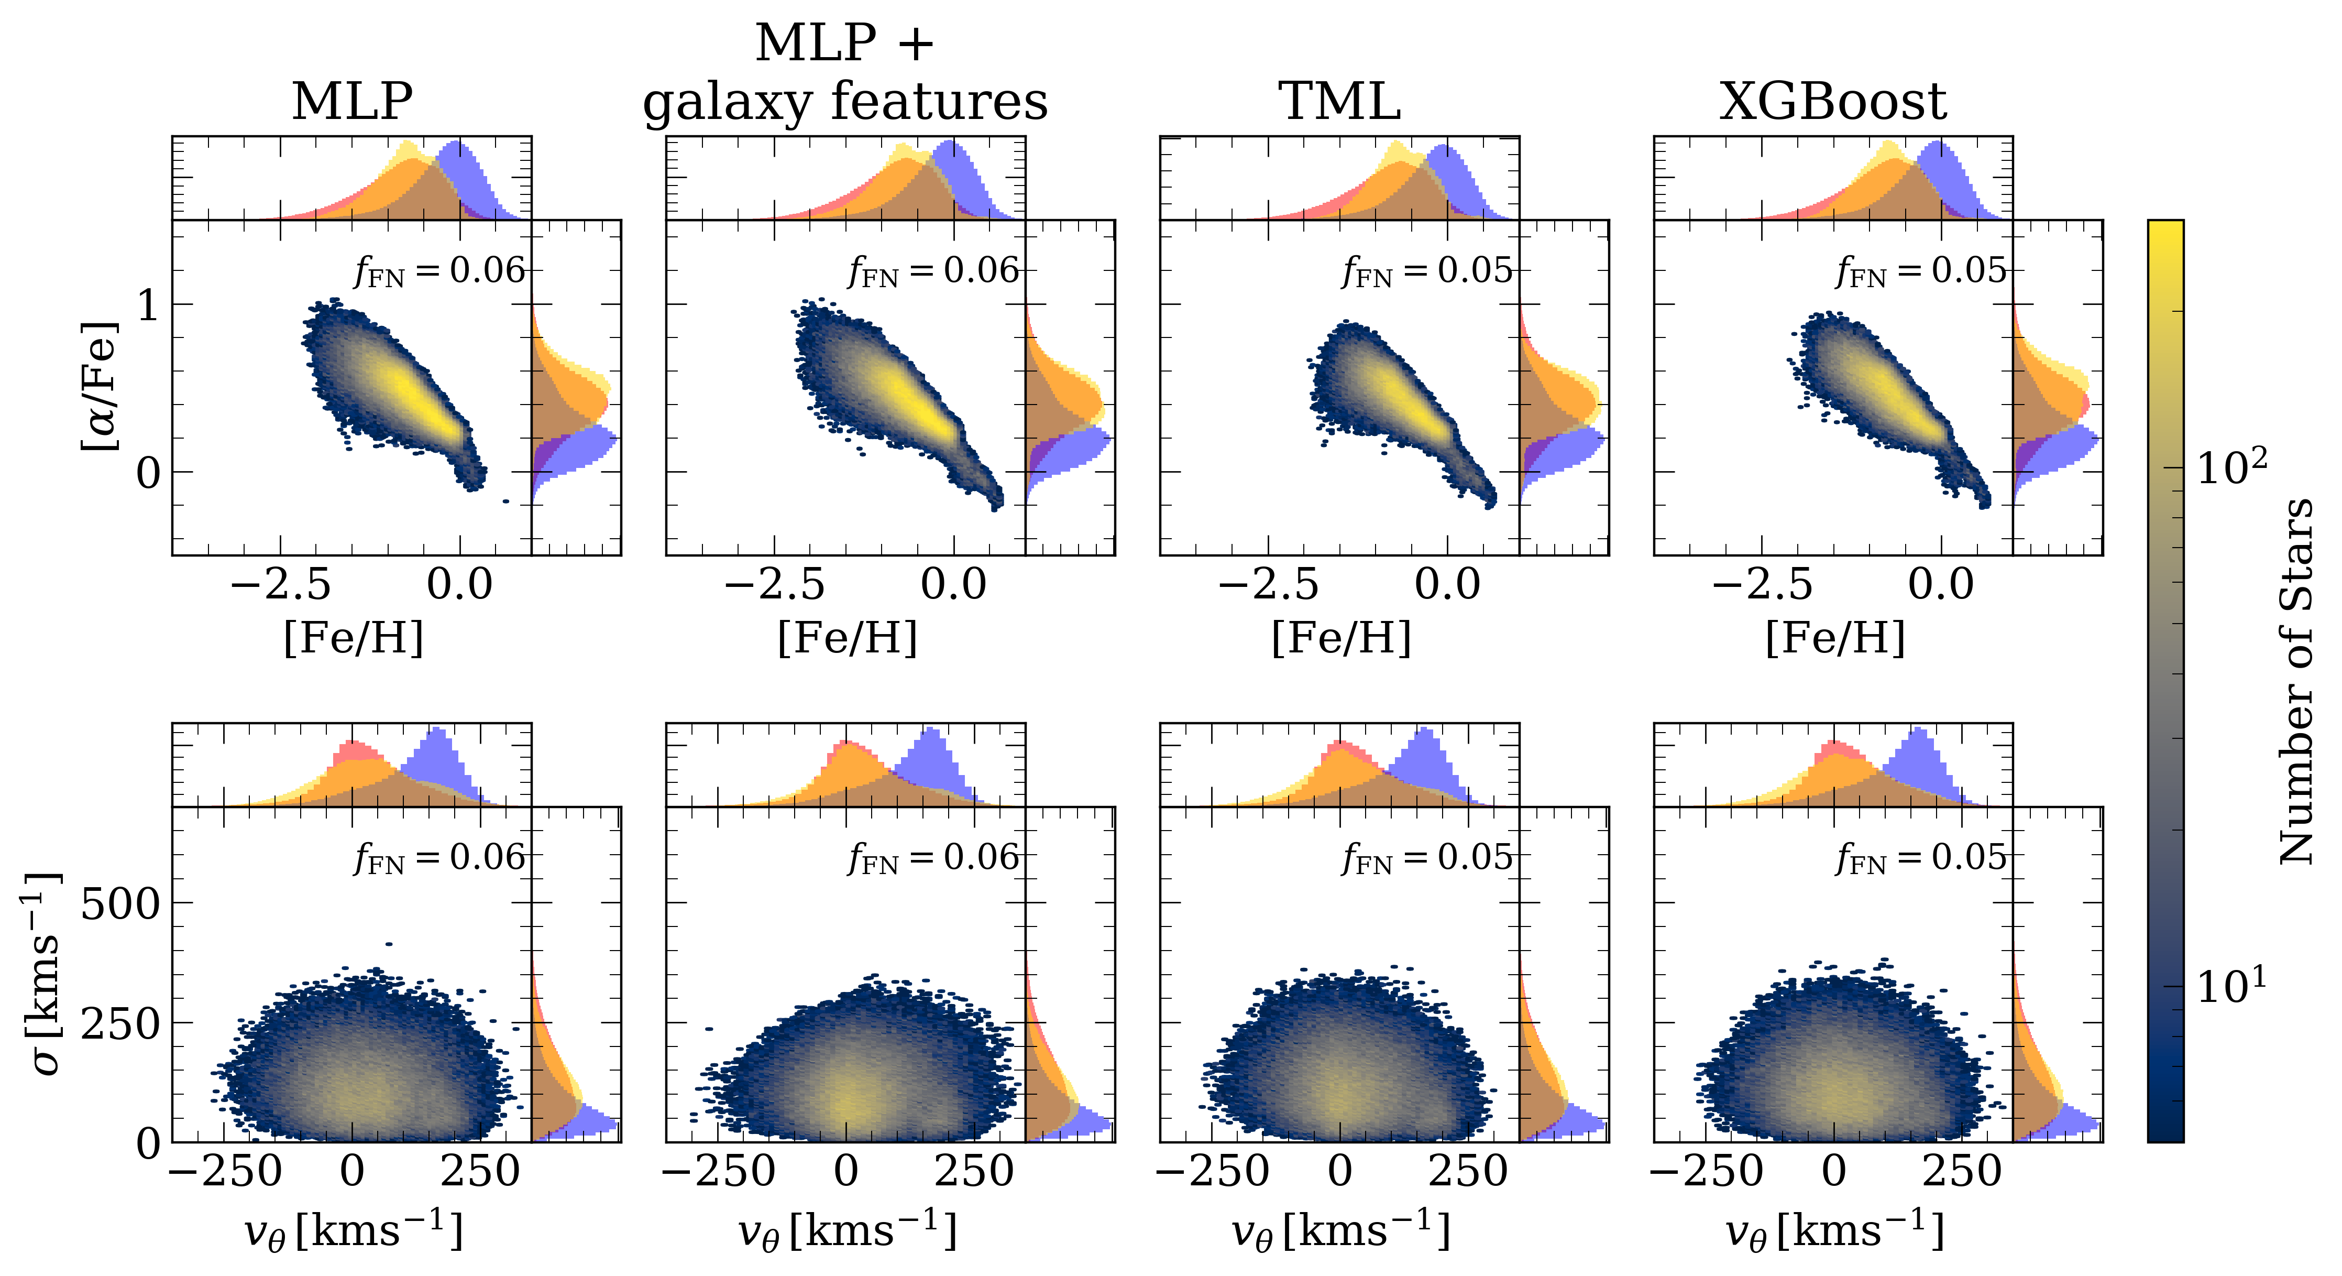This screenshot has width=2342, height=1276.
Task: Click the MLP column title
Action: pos(352,101)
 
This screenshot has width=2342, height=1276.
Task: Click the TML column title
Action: pos(1339,101)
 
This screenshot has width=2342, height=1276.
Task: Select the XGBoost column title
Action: pos(1833,101)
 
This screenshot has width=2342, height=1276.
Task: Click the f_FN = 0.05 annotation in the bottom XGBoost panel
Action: pos(1921,858)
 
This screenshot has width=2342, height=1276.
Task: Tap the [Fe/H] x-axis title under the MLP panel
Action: pos(354,638)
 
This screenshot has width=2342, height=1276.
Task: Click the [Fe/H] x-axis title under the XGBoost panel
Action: pos(1835,638)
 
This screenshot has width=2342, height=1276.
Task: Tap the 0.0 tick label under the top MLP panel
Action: pos(460,584)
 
